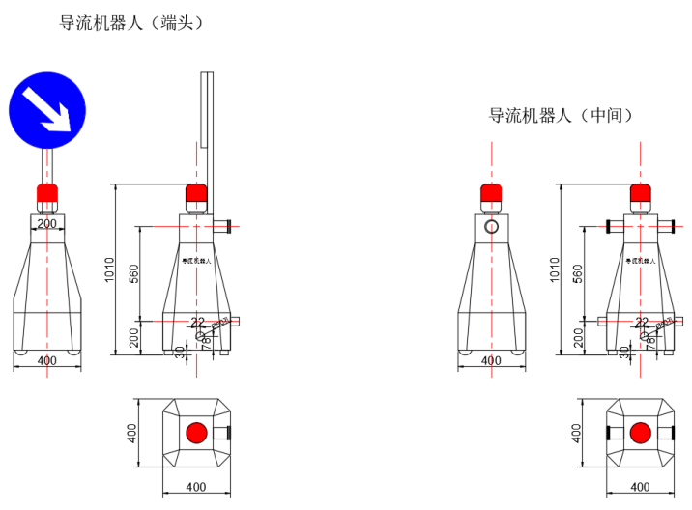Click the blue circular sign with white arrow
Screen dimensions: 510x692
coord(48,108)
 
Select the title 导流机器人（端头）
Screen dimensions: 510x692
coord(132,21)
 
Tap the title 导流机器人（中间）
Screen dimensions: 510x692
coord(562,115)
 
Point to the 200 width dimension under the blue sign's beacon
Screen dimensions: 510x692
coord(47,223)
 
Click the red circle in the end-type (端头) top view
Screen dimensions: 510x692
coord(196,432)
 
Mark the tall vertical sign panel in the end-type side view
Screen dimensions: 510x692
coord(206,108)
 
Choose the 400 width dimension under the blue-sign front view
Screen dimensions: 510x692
coord(47,360)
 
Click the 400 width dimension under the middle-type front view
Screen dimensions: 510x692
coord(492,360)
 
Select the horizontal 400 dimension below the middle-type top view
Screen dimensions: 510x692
coord(639,487)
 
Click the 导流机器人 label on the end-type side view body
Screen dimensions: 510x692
coord(196,261)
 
